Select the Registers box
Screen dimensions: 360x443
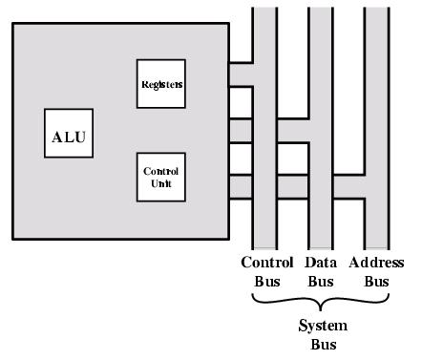[161, 84]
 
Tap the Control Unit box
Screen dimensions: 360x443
[161, 177]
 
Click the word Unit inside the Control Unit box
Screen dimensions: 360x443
[161, 182]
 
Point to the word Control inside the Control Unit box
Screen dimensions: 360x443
[161, 172]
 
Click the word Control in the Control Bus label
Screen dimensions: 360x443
[266, 263]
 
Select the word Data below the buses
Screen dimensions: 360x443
[320, 263]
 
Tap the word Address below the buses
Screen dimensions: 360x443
[376, 263]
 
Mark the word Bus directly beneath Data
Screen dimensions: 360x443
[320, 282]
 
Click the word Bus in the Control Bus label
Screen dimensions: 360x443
[266, 282]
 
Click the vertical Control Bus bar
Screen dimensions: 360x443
[264, 38]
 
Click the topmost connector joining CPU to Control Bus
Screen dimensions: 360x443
[241, 74]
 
